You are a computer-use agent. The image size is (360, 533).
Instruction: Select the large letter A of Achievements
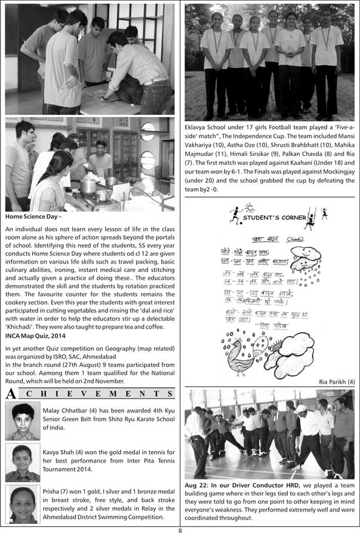tap(10, 394)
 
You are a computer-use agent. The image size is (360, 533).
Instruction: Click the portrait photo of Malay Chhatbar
tap(22, 421)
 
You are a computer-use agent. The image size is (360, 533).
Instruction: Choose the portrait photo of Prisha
tap(22, 504)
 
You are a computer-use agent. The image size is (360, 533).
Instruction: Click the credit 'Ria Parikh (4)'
tap(336, 381)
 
